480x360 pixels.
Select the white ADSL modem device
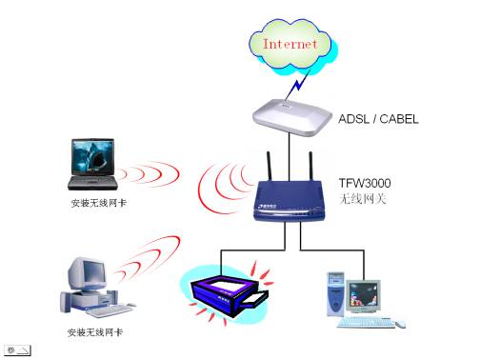tap(292, 113)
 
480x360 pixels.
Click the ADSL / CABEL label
tap(379, 120)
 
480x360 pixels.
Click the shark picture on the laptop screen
tap(91, 155)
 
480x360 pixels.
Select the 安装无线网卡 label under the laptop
tap(96, 205)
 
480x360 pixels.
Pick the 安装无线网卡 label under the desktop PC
tap(94, 332)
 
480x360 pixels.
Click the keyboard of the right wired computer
tap(368, 322)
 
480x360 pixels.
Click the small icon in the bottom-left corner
tap(20, 350)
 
